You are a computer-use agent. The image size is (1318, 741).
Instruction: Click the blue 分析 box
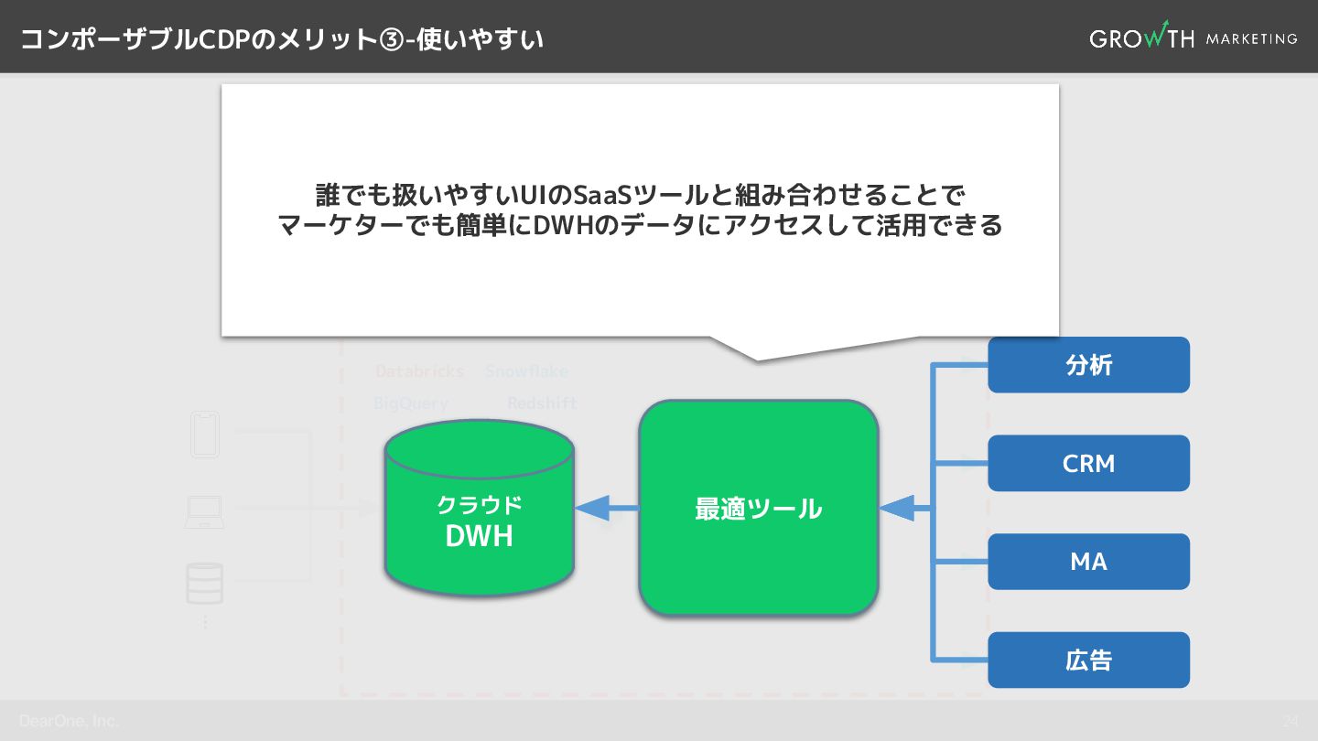1088,365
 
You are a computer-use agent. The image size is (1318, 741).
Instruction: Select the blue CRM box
1088,463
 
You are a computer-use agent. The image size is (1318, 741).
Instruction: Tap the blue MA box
1088,562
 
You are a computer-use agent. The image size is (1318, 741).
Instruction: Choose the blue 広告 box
1088,660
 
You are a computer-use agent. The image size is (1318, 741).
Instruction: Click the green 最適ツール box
758,508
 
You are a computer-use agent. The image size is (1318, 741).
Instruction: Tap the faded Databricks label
419,371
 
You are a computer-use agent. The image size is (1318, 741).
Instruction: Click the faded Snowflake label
526,371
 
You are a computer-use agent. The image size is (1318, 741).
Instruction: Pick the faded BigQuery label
410,403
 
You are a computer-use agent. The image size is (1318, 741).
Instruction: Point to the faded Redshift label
542,403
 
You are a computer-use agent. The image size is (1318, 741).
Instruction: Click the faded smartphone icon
204,435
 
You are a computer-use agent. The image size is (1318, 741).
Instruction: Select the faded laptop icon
204,511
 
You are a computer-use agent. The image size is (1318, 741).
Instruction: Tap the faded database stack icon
204,583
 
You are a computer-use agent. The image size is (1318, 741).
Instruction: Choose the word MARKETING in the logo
1251,38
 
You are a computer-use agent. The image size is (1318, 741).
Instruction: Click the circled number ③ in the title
391,39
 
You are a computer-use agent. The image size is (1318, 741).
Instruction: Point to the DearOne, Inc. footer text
69,721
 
